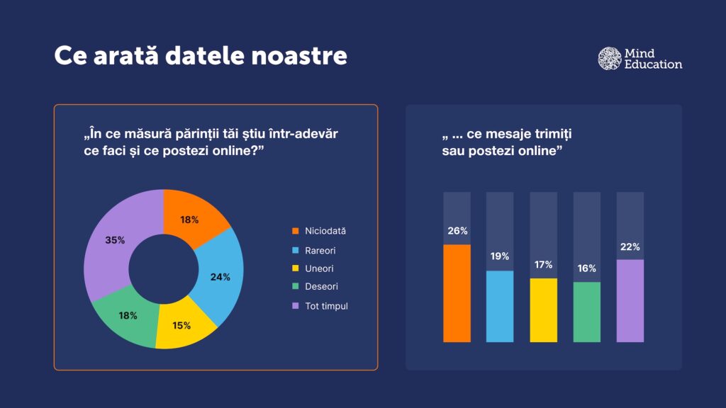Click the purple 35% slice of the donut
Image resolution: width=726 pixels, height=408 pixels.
[x=113, y=241]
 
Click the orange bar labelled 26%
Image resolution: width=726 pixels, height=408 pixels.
[x=457, y=293]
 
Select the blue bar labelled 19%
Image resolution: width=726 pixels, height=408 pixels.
[x=500, y=306]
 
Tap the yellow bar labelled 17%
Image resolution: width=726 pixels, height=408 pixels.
[x=543, y=310]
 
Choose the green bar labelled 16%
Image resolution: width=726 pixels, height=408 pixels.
[x=586, y=312]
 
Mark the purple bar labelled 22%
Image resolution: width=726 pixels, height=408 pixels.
[x=630, y=301]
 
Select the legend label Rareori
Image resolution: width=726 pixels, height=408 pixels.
[x=320, y=250]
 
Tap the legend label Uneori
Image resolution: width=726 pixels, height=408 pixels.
[x=318, y=268]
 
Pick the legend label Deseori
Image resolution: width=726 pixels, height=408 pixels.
[x=321, y=287]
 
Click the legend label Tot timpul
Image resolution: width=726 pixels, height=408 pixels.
[x=326, y=306]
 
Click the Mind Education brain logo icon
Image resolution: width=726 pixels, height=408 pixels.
[x=610, y=59]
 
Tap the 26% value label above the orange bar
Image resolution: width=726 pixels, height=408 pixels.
[x=457, y=231]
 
